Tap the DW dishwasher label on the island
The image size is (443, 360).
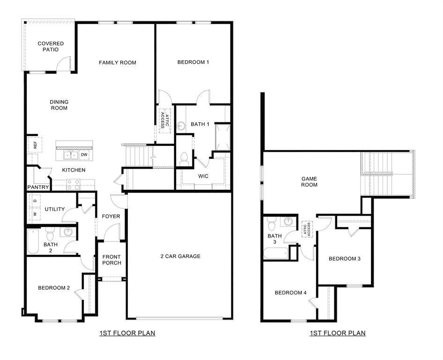[x=84, y=154]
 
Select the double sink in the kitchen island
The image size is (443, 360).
[x=71, y=155]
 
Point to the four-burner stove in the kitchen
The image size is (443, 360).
[x=73, y=184]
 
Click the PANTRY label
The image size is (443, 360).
[x=38, y=187]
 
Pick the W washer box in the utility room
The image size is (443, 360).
[x=35, y=214]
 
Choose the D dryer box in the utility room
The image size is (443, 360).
[x=35, y=201]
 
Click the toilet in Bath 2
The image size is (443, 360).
[x=50, y=232]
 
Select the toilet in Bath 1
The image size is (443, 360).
[x=184, y=157]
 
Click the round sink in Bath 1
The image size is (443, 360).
[x=181, y=126]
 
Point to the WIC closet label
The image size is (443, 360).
[x=203, y=176]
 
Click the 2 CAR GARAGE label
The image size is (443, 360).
[x=180, y=256]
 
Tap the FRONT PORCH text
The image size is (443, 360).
[x=112, y=260]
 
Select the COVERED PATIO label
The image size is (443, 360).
[x=51, y=46]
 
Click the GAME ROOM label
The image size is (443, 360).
[x=309, y=181]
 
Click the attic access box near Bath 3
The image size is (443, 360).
[x=307, y=229]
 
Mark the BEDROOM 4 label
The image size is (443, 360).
[x=290, y=293]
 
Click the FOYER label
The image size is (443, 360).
[x=111, y=217]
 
